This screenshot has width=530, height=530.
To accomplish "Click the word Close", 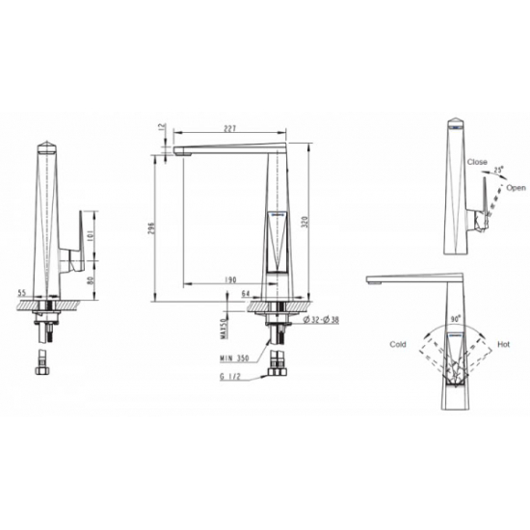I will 477,164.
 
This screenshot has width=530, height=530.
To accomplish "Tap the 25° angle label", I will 498,170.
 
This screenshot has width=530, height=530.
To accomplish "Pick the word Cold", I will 398,341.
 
